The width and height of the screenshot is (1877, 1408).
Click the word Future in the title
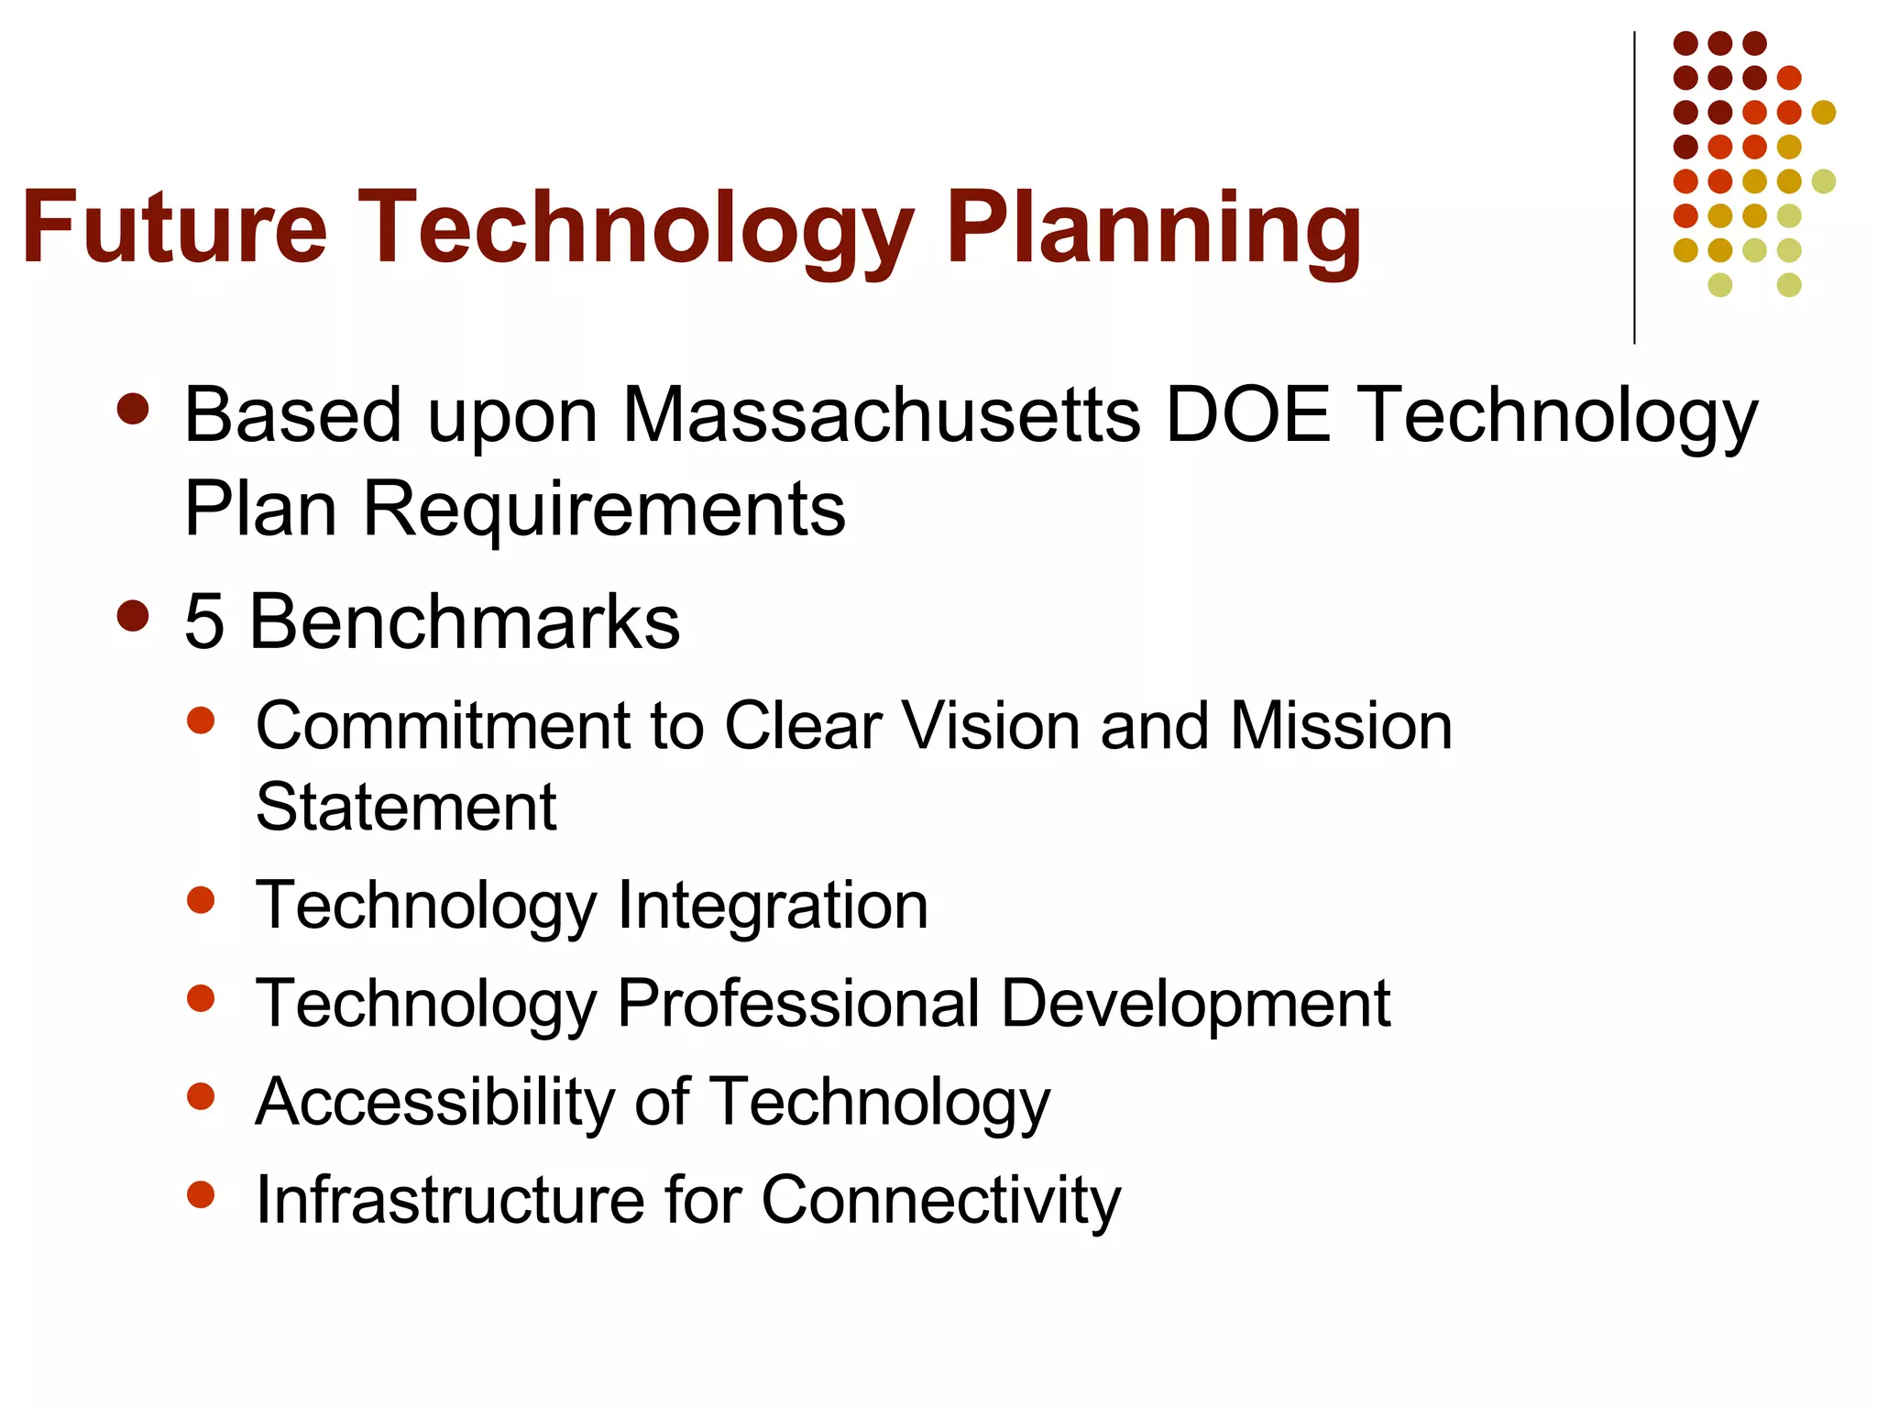pos(174,227)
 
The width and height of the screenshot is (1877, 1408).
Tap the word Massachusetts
pos(881,414)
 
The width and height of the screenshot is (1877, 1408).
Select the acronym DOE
pos(1246,414)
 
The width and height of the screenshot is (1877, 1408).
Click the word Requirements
pos(604,509)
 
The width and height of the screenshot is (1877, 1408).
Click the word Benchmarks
pos(465,621)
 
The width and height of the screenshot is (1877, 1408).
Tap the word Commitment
pos(444,726)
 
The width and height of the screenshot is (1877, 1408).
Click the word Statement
pos(406,808)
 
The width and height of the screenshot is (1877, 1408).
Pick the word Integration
pos(773,906)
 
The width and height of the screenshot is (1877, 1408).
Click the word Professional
pos(798,1004)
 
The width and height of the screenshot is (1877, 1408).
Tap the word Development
pos(1195,1004)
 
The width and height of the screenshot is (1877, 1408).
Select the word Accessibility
pos(435,1101)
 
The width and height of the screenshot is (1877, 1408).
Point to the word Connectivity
pos(941,1199)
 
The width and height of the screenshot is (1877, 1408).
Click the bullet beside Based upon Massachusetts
pos(134,410)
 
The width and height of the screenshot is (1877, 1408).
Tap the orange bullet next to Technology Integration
pos(200,900)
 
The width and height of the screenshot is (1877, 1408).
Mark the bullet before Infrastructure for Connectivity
pos(200,1193)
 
